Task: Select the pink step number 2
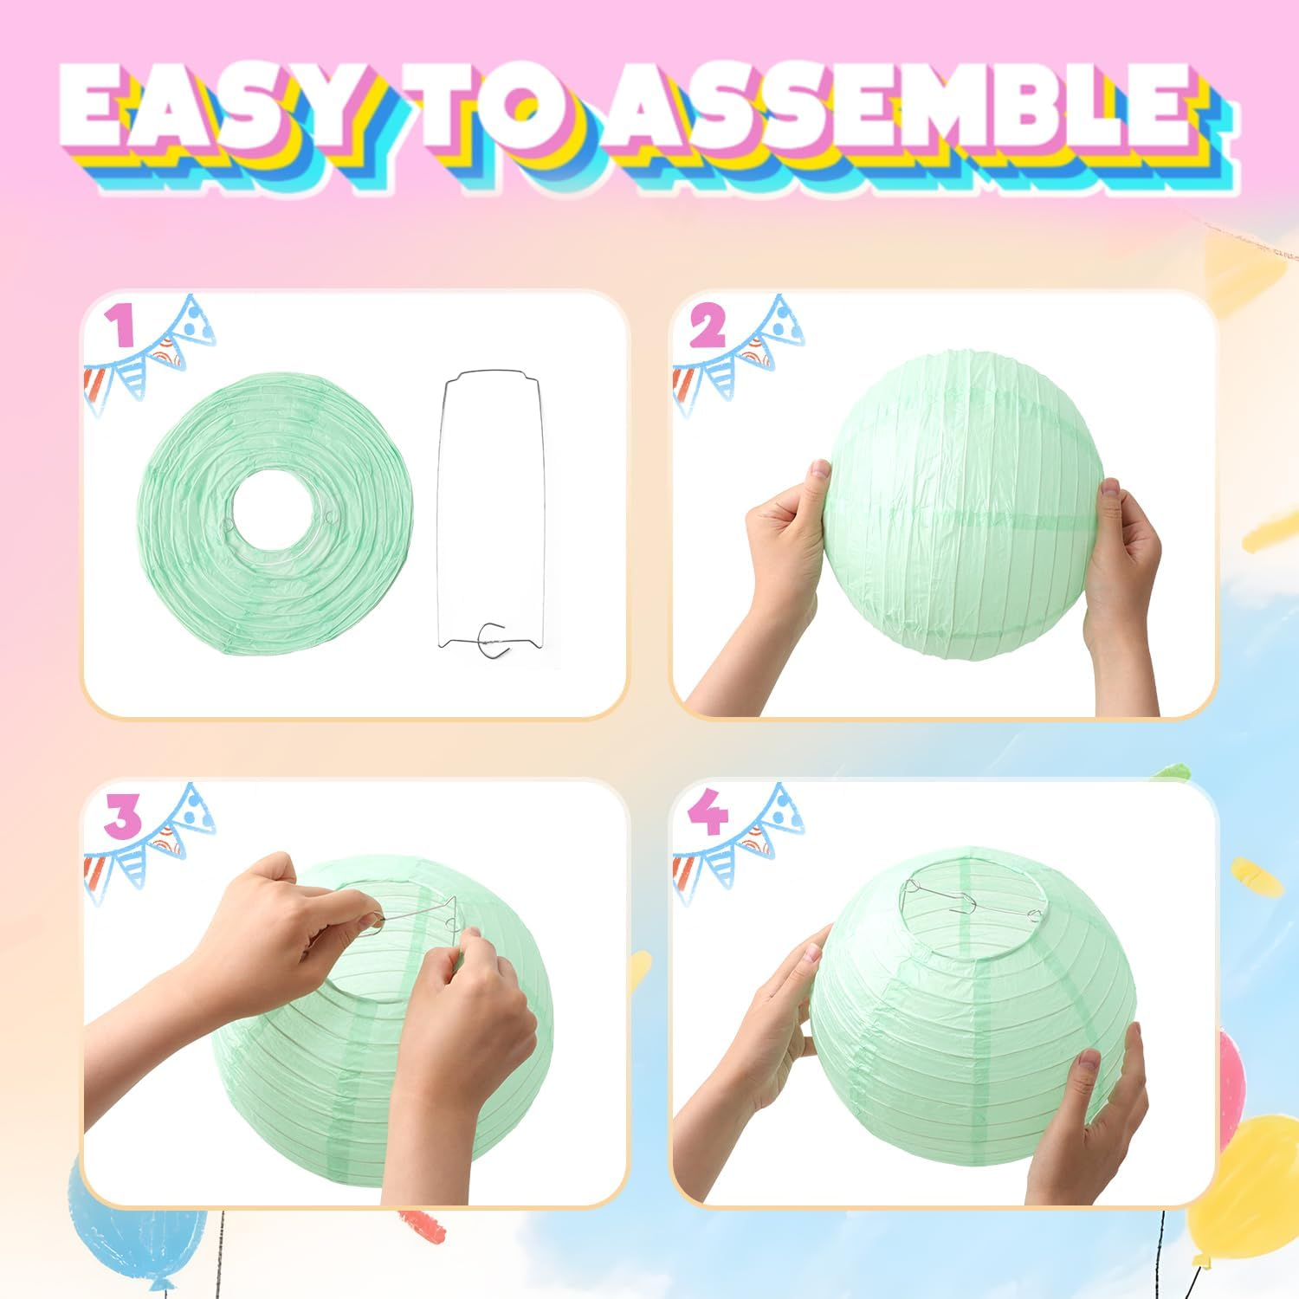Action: click(x=708, y=327)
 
